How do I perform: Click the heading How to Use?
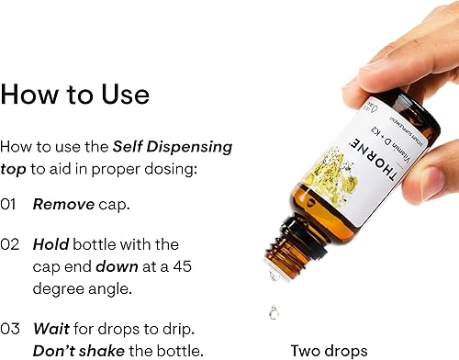[x=75, y=95]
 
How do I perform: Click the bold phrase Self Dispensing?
[x=172, y=147]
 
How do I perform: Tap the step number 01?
[x=9, y=205]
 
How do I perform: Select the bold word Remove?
[x=63, y=205]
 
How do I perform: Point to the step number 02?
[x=10, y=245]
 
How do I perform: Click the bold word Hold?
[x=50, y=245]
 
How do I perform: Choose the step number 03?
[x=10, y=329]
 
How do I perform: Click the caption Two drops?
[x=329, y=350]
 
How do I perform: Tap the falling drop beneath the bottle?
[x=274, y=312]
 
